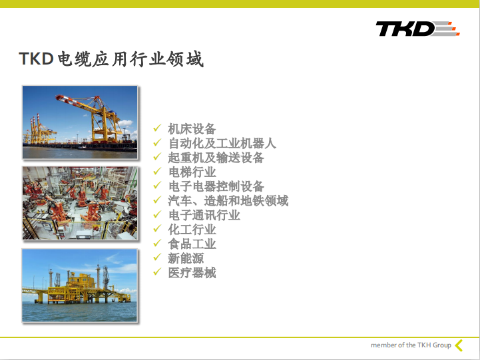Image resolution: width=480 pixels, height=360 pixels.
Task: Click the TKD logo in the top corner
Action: click(417, 29)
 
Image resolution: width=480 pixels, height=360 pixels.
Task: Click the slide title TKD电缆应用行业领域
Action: click(111, 59)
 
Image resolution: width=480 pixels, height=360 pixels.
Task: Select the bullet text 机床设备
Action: click(192, 129)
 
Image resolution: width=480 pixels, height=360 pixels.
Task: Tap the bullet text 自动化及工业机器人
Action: click(222, 143)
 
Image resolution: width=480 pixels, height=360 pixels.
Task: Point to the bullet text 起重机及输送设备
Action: click(216, 158)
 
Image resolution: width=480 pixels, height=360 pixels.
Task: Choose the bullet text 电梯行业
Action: click(192, 172)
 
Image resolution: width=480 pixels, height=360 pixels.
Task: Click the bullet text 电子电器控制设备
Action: click(216, 186)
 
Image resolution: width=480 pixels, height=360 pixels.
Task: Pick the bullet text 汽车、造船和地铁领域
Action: click(228, 201)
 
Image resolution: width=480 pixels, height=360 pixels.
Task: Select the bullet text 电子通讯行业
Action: click(204, 215)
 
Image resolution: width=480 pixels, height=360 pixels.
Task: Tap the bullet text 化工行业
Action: click(192, 230)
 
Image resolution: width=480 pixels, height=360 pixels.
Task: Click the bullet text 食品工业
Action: click(192, 244)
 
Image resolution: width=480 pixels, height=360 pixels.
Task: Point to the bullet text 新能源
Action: click(186, 258)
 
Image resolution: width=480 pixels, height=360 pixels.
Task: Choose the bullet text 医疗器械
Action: click(192, 273)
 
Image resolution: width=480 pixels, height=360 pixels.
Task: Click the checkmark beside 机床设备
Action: click(157, 128)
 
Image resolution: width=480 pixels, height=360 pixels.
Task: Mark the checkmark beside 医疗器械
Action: click(157, 271)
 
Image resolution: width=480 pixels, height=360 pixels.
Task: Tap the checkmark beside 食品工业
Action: click(157, 243)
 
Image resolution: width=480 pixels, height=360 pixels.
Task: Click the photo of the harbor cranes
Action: click(80, 122)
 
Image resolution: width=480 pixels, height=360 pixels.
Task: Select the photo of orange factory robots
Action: click(80, 203)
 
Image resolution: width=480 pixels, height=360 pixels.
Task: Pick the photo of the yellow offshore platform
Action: click(80, 285)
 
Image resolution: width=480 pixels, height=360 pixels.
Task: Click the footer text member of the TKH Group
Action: click(411, 345)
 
